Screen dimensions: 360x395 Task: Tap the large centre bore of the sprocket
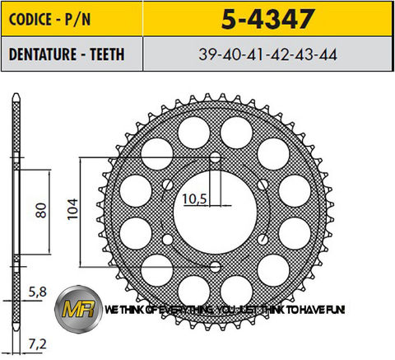pyautogui.click(x=216, y=212)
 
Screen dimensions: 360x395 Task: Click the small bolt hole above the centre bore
pyautogui.click(x=215, y=157)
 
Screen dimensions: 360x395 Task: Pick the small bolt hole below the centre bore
pyautogui.click(x=215, y=266)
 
